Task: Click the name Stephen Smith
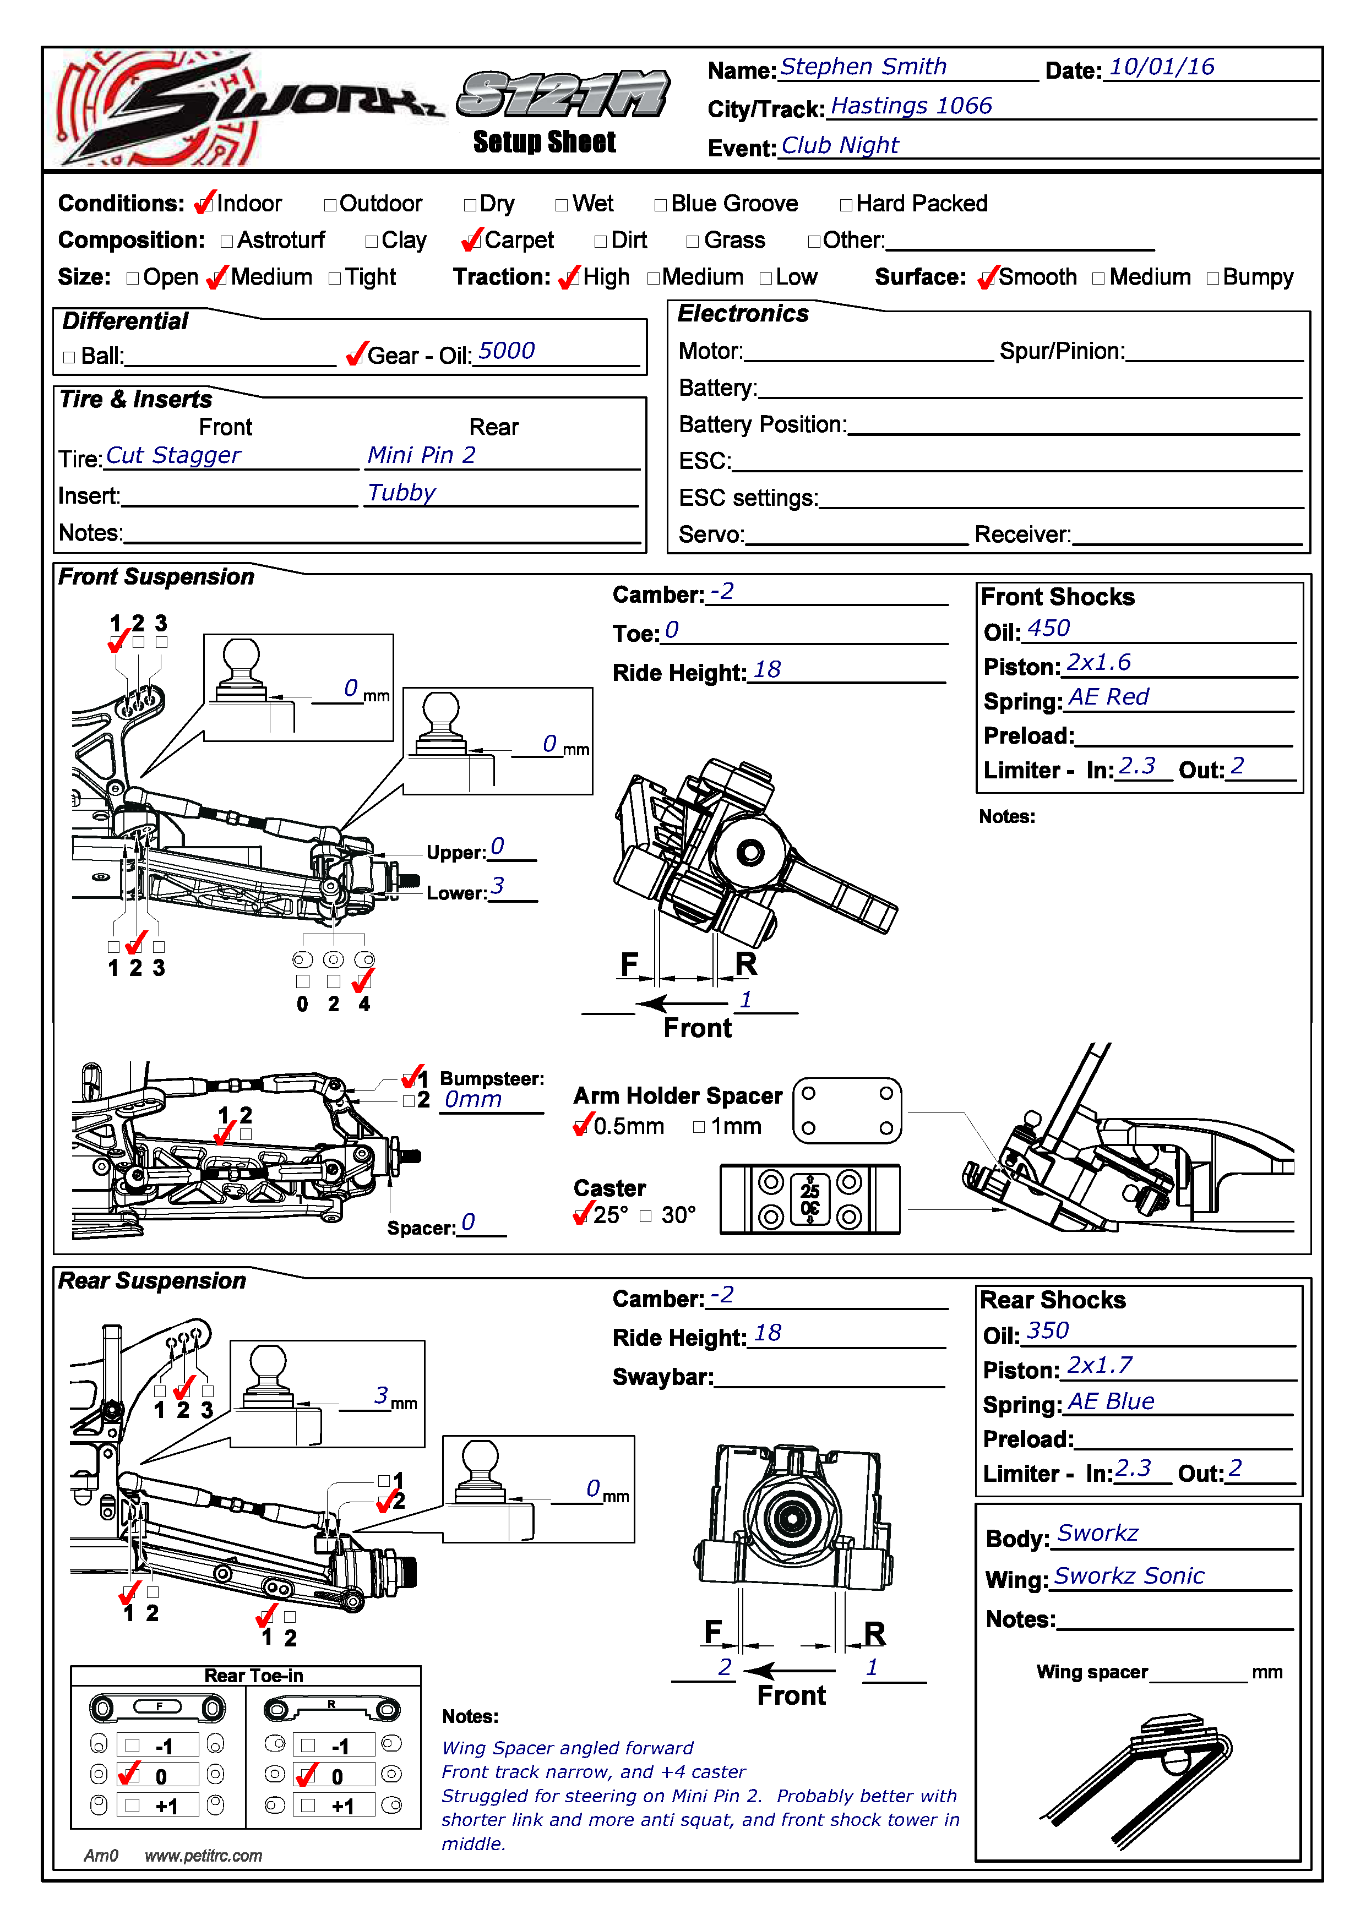(x=863, y=67)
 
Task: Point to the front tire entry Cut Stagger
(x=173, y=455)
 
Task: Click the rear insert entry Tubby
(x=401, y=493)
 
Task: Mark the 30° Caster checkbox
(x=645, y=1215)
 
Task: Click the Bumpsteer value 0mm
(x=473, y=1100)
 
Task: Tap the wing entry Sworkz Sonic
(x=1128, y=1576)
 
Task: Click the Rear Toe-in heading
(x=253, y=1676)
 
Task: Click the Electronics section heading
(x=743, y=314)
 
